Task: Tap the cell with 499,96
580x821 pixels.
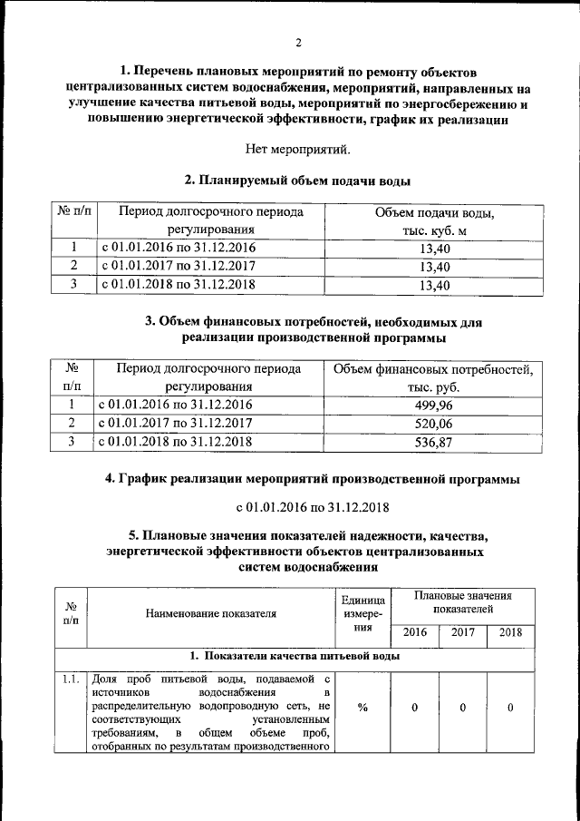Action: coord(430,405)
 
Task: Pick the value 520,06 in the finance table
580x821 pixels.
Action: coord(430,423)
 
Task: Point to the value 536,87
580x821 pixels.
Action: coord(430,442)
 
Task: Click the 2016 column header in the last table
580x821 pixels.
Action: coord(415,632)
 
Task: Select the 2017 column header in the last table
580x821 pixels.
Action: coord(463,632)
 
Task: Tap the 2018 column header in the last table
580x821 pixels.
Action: coord(510,632)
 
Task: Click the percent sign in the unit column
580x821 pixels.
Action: coord(362,708)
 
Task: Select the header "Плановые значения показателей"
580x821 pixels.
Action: coord(463,603)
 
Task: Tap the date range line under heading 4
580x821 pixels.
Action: coord(299,506)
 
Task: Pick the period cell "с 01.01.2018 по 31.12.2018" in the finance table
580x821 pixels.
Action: coord(176,442)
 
